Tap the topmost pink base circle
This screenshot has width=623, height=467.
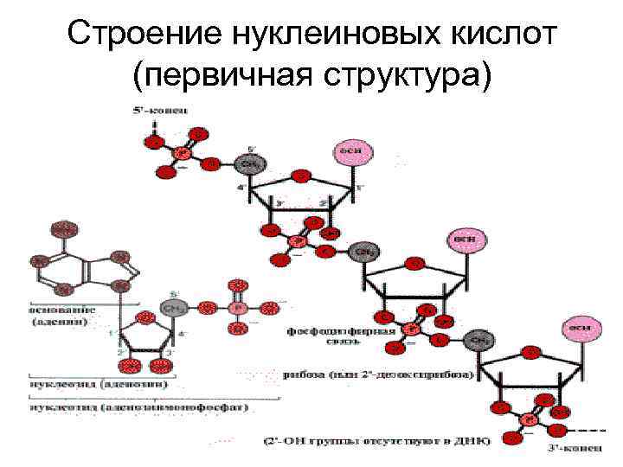pos(354,151)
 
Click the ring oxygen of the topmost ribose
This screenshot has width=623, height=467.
pos(300,176)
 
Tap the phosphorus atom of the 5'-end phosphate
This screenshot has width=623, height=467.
pos(182,153)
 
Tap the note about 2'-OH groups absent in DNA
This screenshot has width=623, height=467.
pos(376,440)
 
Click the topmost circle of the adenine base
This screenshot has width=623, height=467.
pos(61,228)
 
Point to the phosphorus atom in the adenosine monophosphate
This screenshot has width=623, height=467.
pos(238,307)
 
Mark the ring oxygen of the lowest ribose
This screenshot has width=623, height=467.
pos(530,352)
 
